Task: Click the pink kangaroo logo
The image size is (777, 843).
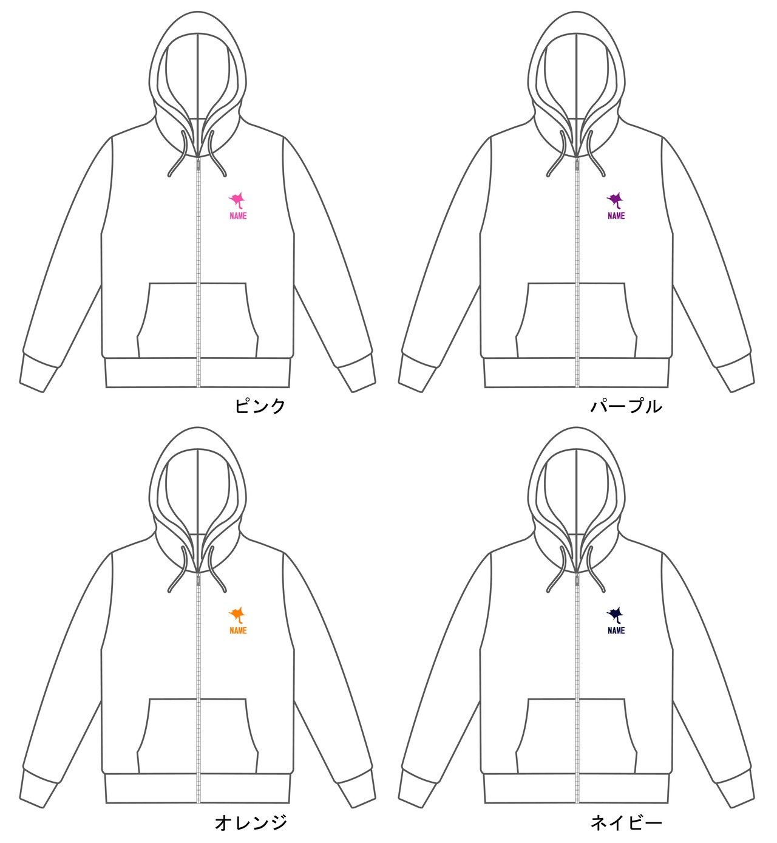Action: point(237,200)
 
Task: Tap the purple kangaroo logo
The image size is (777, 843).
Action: point(616,200)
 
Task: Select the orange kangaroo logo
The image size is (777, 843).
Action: point(237,615)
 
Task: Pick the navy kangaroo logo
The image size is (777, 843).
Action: point(616,615)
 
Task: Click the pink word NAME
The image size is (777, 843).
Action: point(238,216)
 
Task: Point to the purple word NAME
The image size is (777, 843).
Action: point(616,216)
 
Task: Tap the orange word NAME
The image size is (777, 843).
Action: point(238,630)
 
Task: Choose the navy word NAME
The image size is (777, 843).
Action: point(616,630)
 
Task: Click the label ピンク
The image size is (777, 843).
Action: point(260,406)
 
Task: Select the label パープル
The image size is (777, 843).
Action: point(626,406)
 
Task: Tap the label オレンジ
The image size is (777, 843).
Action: point(250,822)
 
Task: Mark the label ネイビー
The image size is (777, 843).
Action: point(626,822)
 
